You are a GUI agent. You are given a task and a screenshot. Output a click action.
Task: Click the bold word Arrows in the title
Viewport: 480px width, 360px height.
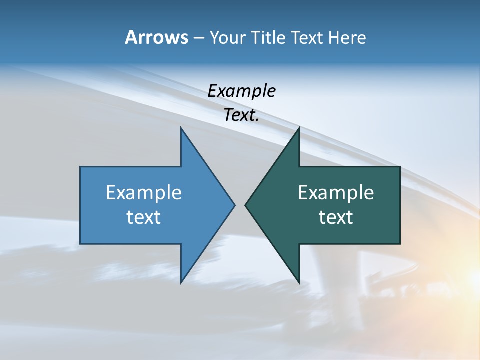156,37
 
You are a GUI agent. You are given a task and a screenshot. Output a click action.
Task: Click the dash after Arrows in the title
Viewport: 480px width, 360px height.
198,38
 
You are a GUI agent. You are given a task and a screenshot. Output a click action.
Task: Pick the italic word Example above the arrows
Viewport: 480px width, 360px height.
241,91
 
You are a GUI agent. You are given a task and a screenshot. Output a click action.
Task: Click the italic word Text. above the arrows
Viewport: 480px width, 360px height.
241,115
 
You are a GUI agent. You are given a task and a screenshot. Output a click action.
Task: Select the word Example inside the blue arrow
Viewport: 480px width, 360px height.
144,192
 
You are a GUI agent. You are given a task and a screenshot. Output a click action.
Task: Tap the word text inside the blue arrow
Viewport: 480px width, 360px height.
144,217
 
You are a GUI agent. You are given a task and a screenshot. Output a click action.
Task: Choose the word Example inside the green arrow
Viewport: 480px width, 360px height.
336,192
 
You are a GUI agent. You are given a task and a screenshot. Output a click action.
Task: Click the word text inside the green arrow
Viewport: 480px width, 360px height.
336,217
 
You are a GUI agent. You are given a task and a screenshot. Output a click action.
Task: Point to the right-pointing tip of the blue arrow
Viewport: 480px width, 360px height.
234,205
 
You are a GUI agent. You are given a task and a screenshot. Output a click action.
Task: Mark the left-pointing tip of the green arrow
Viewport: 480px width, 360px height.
245,205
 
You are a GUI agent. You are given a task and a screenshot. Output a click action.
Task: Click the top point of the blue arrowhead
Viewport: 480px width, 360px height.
181,128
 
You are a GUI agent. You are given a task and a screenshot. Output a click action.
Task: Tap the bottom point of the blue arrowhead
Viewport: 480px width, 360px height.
181,283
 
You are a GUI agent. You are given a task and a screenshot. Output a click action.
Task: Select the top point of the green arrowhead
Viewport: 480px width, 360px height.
299,128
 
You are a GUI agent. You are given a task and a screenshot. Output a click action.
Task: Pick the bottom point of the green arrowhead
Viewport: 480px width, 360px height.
299,283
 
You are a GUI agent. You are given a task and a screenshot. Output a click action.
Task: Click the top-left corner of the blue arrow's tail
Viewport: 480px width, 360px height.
80,167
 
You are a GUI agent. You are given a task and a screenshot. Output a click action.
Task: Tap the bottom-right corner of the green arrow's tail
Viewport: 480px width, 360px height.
400,244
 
